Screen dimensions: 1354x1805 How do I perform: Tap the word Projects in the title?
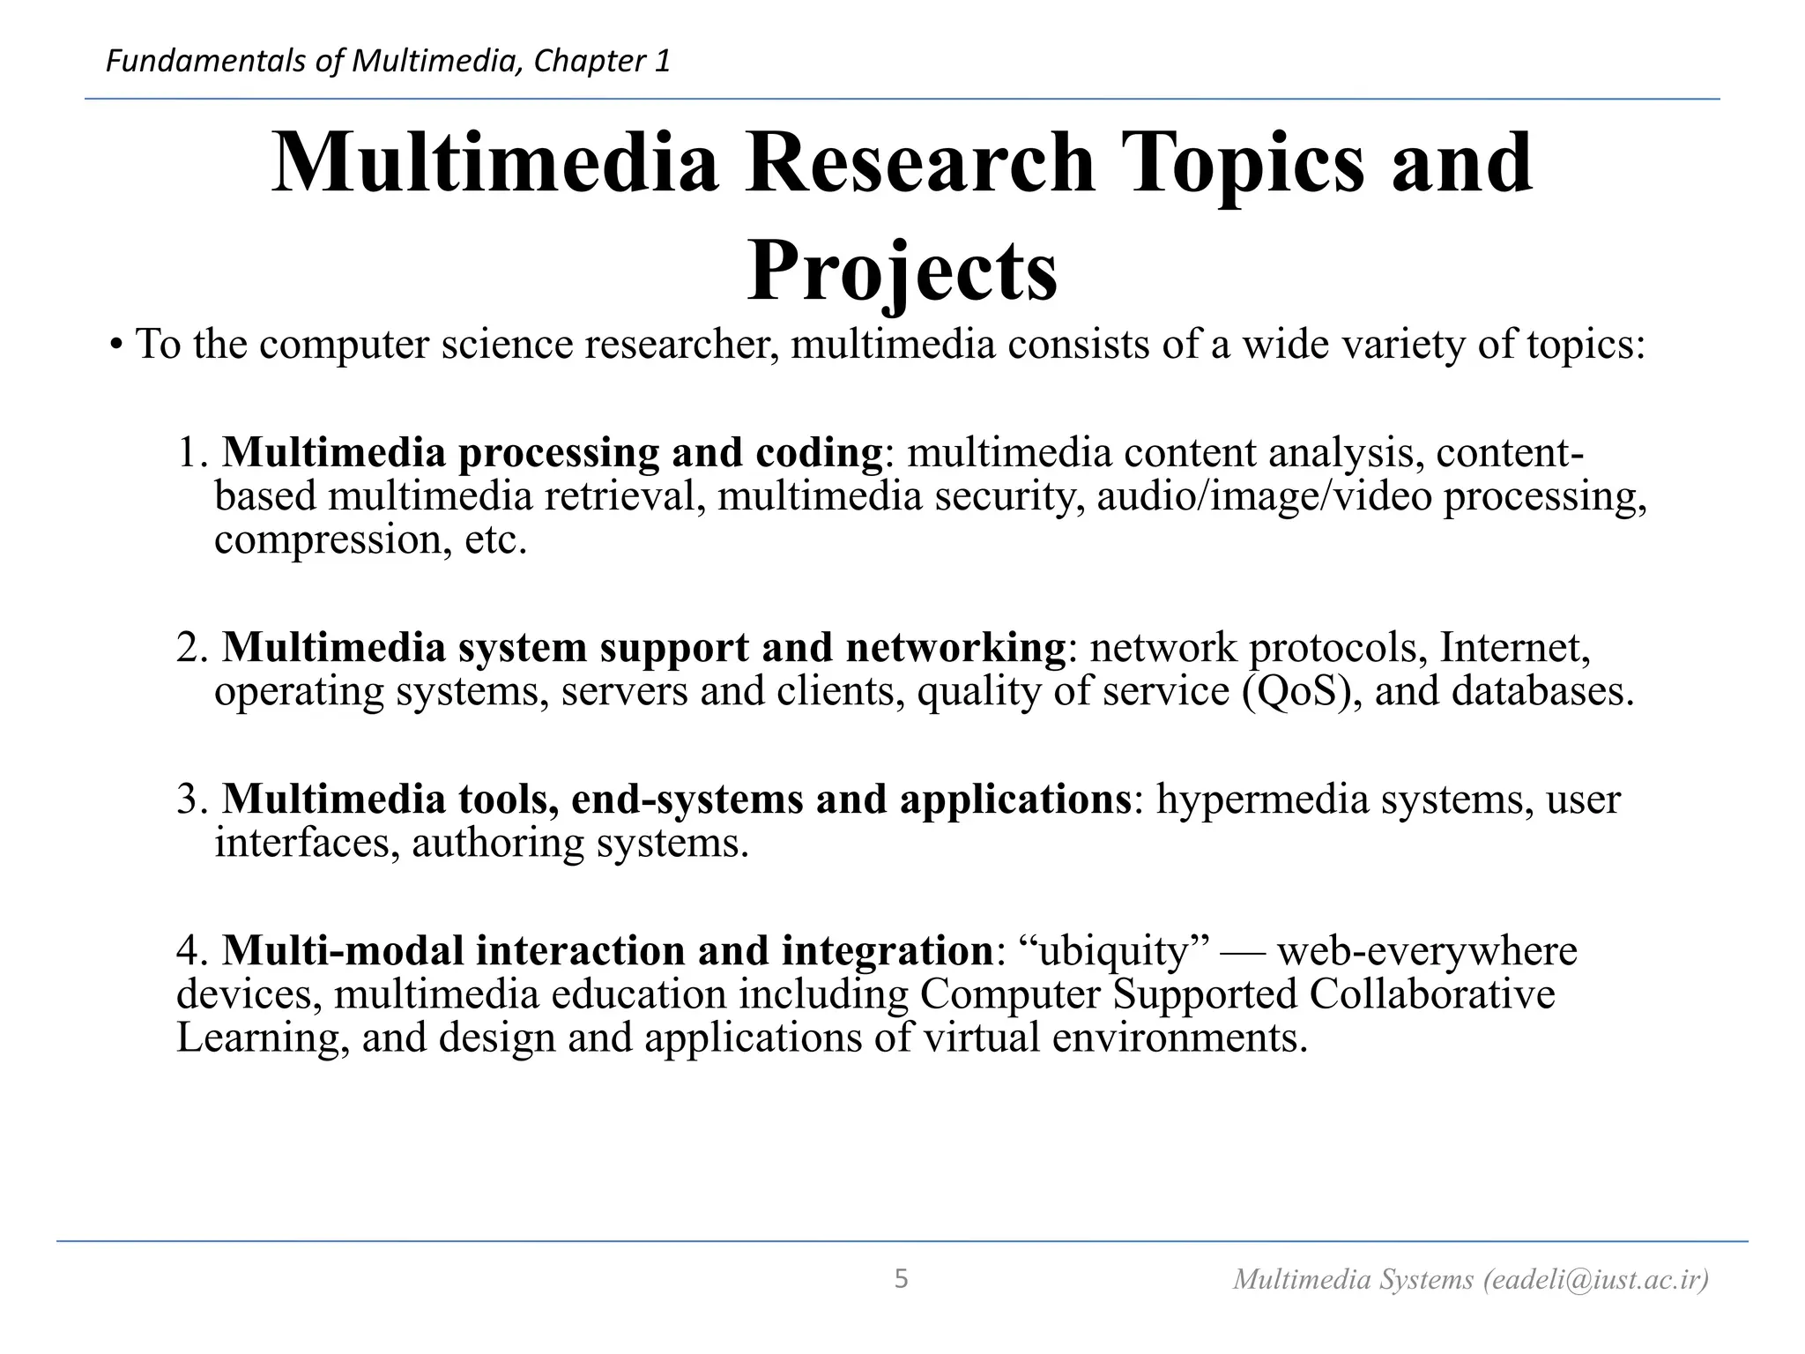[x=902, y=271]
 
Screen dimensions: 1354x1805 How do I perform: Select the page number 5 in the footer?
[x=901, y=1278]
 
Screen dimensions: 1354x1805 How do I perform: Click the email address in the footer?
[x=1595, y=1279]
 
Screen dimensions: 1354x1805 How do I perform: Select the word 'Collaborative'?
[x=1431, y=994]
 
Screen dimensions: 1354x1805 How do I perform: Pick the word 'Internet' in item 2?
[x=1513, y=648]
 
